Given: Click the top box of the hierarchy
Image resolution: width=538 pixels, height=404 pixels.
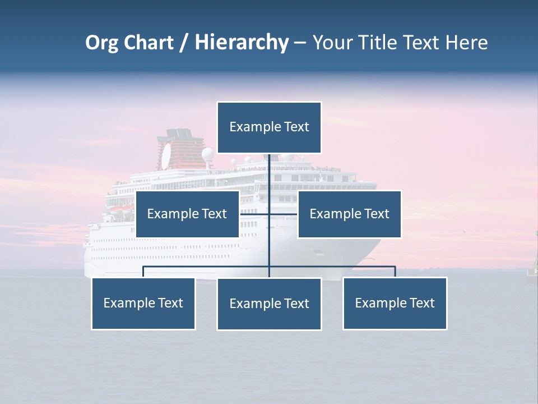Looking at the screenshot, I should pos(269,127).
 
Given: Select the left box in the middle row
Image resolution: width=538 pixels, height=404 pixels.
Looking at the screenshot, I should pos(187,214).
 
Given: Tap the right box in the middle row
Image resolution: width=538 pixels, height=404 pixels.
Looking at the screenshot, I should pos(349,214).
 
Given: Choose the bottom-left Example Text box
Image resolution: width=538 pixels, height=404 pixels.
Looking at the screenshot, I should pos(143,304).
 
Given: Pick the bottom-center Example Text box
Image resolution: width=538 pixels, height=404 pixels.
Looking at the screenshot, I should pos(269,304).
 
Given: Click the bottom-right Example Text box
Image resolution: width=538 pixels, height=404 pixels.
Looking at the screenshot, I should pos(395,304).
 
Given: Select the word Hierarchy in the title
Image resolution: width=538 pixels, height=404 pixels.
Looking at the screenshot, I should pos(242,43).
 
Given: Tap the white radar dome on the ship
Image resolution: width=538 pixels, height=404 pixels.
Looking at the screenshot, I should pos(208,154).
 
